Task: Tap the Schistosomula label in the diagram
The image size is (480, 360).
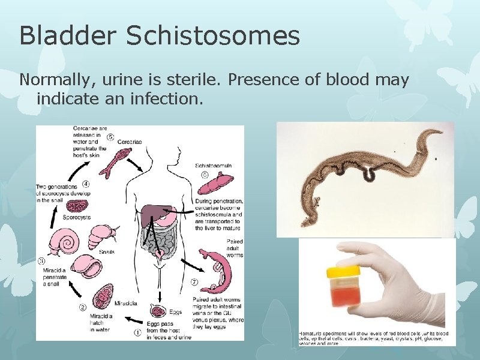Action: (x=214, y=165)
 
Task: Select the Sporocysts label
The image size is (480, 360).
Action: (x=77, y=217)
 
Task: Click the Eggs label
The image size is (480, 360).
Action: (x=175, y=313)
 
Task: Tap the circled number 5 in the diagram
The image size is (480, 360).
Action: (x=110, y=137)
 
